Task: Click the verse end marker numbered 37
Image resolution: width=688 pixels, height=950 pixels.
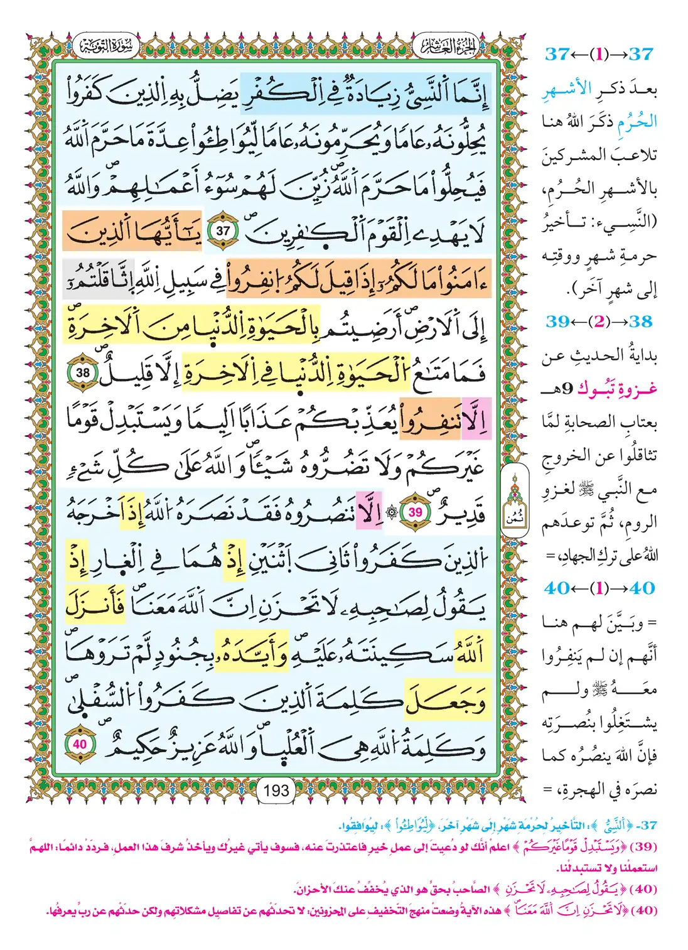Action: pyautogui.click(x=223, y=230)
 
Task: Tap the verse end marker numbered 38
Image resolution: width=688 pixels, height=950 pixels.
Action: pyautogui.click(x=83, y=373)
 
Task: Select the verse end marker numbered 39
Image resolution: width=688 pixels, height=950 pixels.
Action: pyautogui.click(x=415, y=512)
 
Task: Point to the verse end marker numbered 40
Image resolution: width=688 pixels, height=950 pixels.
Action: pyautogui.click(x=80, y=744)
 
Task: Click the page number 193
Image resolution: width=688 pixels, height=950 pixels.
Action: pyautogui.click(x=276, y=790)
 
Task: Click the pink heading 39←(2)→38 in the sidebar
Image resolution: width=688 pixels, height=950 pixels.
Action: pyautogui.click(x=599, y=321)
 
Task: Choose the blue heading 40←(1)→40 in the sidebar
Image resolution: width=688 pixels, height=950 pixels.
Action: pyautogui.click(x=599, y=588)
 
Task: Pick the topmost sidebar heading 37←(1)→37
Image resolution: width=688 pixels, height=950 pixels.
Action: pyautogui.click(x=599, y=54)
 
